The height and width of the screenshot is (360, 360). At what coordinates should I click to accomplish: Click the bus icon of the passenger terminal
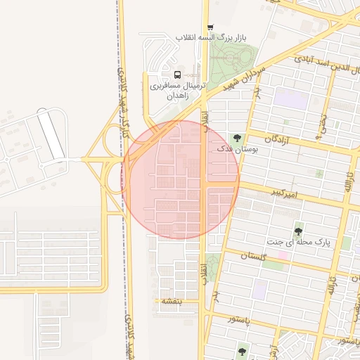coord(176,75)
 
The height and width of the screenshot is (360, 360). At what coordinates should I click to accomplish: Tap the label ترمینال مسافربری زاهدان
coord(176,89)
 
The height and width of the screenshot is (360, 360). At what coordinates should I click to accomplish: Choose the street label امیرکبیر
coord(288,193)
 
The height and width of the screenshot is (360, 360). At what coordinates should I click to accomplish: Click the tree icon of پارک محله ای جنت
coord(299,231)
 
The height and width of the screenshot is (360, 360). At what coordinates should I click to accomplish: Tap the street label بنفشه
coord(172,301)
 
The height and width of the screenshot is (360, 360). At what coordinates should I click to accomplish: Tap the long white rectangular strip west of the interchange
coord(51,134)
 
